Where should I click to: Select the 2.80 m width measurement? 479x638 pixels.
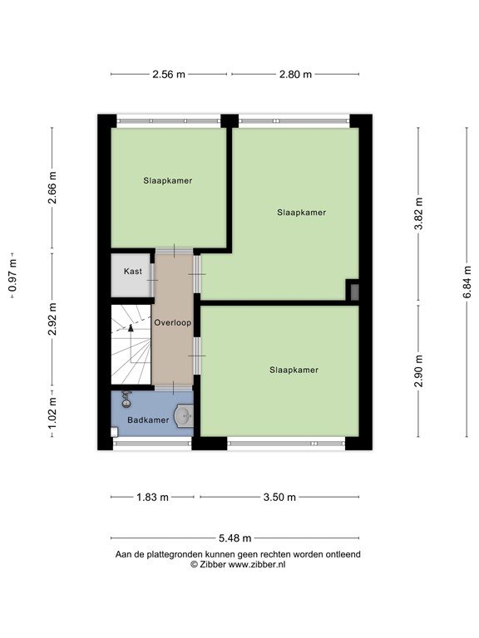click(294, 74)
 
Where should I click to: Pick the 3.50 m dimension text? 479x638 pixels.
click(279, 498)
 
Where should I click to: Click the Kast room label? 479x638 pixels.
click(132, 272)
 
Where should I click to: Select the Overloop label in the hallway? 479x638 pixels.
click(173, 321)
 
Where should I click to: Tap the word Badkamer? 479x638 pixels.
click(148, 420)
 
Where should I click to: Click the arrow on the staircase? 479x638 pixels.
click(131, 330)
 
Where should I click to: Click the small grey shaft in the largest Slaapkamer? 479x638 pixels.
click(353, 291)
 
